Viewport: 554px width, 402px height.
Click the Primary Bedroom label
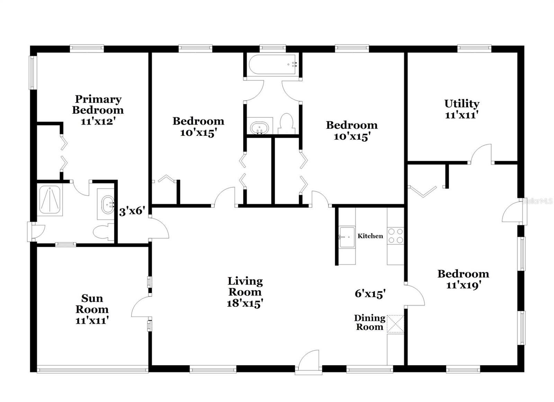pyautogui.click(x=98, y=105)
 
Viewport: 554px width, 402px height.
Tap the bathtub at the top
pyautogui.click(x=272, y=64)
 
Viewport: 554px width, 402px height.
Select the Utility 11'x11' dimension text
pyautogui.click(x=462, y=115)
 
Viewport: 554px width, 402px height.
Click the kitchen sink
pyautogui.click(x=347, y=237)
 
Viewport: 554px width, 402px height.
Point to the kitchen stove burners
pyautogui.click(x=395, y=236)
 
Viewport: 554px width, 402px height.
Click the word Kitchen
pyautogui.click(x=370, y=236)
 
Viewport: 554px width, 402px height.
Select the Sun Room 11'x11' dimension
pyautogui.click(x=92, y=320)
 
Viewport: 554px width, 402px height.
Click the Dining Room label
pyautogui.click(x=369, y=322)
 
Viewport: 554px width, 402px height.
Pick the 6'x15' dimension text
pyautogui.click(x=370, y=294)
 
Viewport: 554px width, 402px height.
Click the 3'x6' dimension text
pyautogui.click(x=132, y=211)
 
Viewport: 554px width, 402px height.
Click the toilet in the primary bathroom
pyautogui.click(x=105, y=232)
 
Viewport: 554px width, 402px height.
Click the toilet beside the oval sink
pyautogui.click(x=286, y=124)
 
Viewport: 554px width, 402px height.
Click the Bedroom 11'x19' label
pyautogui.click(x=463, y=279)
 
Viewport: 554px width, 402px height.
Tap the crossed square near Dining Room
pyautogui.click(x=395, y=324)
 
